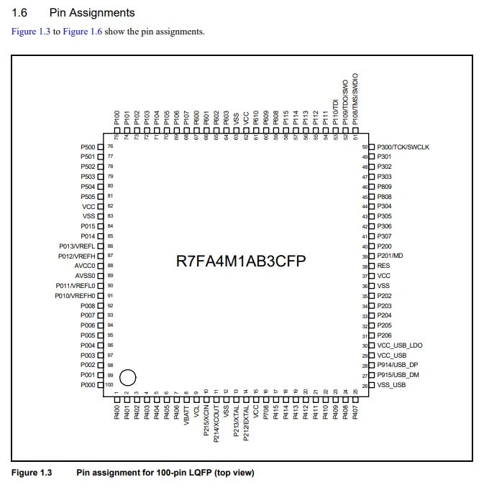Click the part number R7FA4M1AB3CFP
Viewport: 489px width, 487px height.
242,261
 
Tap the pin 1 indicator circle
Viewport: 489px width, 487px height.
127,376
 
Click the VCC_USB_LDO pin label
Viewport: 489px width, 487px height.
400,345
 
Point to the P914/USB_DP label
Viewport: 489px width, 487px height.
398,366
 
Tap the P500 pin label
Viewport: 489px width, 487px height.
88,147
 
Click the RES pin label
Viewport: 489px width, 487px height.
383,266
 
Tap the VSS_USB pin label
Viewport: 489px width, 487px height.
392,386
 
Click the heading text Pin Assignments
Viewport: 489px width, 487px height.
91,13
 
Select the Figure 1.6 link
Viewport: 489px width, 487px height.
81,32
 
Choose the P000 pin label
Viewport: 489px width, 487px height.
88,385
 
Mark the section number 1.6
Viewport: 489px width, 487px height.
20,13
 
